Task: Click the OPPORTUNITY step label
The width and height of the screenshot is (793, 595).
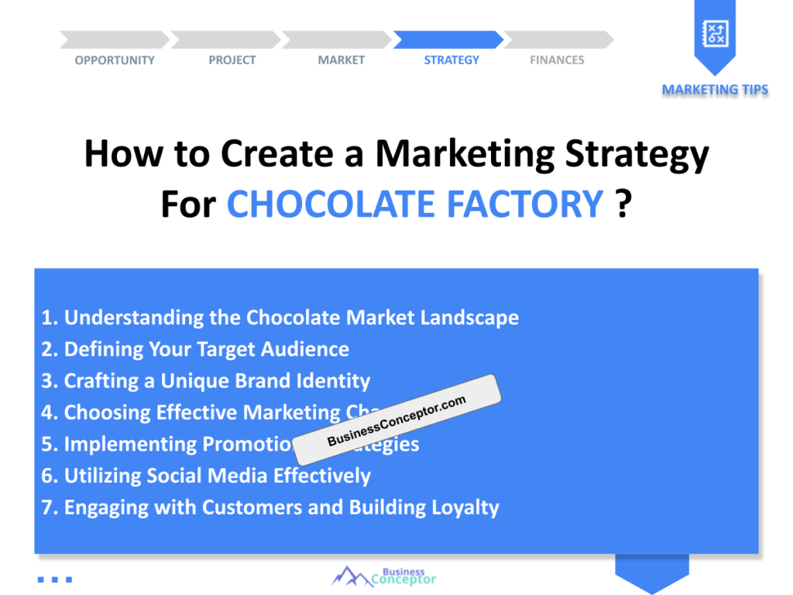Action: pyautogui.click(x=115, y=60)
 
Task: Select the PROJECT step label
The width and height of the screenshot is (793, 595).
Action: pyautogui.click(x=232, y=60)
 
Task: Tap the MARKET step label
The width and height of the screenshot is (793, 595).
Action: pyautogui.click(x=341, y=60)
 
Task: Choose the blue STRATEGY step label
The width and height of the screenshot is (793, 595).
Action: pyautogui.click(x=451, y=60)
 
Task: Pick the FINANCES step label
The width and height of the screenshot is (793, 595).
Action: pyautogui.click(x=557, y=60)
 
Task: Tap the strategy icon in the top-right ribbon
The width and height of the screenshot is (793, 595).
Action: pyautogui.click(x=714, y=33)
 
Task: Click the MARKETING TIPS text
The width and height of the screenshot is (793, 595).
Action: pyautogui.click(x=715, y=90)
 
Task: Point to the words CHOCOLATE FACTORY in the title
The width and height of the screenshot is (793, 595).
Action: pyautogui.click(x=415, y=205)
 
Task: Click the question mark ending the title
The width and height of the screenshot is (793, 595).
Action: pyautogui.click(x=623, y=205)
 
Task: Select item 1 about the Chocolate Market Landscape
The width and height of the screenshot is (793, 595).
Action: pyautogui.click(x=280, y=318)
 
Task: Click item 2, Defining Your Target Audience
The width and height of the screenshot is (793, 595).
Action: pyautogui.click(x=195, y=349)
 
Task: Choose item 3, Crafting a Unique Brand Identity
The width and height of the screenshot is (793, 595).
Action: pyautogui.click(x=206, y=381)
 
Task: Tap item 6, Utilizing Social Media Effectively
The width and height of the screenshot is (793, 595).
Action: pyautogui.click(x=206, y=476)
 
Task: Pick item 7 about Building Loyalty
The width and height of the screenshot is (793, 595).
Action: pyautogui.click(x=270, y=507)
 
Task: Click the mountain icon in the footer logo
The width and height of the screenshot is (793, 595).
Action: pyautogui.click(x=351, y=576)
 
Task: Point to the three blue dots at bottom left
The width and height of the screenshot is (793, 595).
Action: pyautogui.click(x=54, y=579)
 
